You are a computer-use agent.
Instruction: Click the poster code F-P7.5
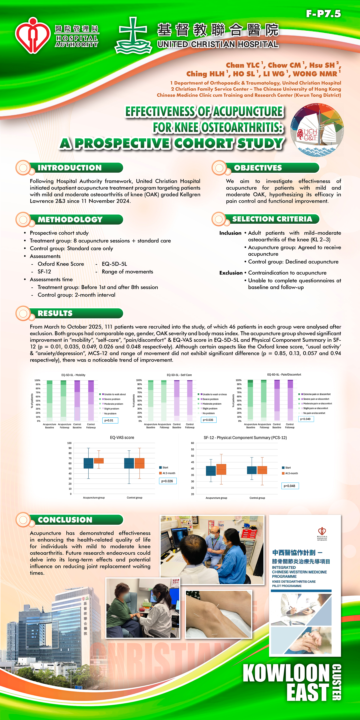pyautogui.click(x=323, y=14)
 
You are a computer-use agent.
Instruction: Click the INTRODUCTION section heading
pyautogui.click(x=70, y=168)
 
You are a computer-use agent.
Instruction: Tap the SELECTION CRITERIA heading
pyautogui.click(x=272, y=219)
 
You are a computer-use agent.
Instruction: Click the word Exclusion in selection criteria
pyautogui.click(x=231, y=273)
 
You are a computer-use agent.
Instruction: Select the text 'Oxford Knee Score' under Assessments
pyautogui.click(x=61, y=264)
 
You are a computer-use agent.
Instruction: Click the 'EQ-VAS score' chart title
pyautogui.click(x=122, y=437)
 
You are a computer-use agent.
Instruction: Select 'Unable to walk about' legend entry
pyautogui.click(x=115, y=394)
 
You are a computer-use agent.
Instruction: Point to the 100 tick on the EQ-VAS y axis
pyautogui.click(x=69, y=443)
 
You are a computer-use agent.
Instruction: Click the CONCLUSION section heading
pyautogui.click(x=65, y=520)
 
